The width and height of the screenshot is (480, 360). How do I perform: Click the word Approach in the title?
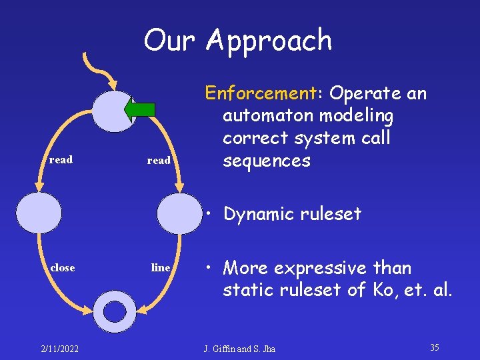[269, 41]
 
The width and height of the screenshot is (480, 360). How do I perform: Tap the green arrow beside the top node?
[143, 110]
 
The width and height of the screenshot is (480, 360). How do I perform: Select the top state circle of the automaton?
[113, 111]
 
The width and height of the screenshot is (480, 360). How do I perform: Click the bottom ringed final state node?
[115, 311]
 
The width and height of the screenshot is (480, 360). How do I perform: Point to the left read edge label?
[61, 160]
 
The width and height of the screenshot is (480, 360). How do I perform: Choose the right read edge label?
[159, 161]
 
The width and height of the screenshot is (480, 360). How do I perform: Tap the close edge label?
[63, 267]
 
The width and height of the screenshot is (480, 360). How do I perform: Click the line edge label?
[161, 267]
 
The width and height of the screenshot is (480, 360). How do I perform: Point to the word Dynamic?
[257, 214]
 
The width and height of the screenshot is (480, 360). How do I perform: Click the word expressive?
[316, 268]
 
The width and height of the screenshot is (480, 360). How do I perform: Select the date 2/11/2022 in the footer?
[61, 348]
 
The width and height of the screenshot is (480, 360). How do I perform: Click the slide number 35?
[434, 347]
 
